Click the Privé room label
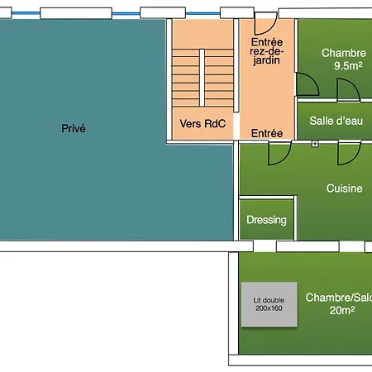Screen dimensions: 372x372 tap(74, 128)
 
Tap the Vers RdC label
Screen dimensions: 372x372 tap(203, 124)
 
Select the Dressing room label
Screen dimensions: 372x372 tap(266, 220)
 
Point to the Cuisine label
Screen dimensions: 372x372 tap(344, 188)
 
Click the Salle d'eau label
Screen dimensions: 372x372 tap(336, 121)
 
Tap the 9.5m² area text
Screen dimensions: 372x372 tap(348, 65)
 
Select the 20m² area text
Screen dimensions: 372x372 tap(342, 310)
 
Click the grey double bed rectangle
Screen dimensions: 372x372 tap(269, 304)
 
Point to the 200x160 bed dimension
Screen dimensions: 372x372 tap(269, 308)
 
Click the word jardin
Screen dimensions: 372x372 tap(266, 60)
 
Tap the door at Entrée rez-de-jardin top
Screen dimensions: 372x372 tap(265, 23)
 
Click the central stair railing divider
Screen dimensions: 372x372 tap(202, 78)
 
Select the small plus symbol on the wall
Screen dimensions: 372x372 tap(315, 144)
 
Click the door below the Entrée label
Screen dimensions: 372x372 tap(279, 153)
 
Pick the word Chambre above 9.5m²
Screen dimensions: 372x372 tap(344, 53)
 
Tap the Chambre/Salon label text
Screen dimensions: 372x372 tap(339, 298)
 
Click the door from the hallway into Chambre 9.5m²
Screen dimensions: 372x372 tap(308, 84)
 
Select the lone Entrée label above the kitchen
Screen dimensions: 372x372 tap(267, 133)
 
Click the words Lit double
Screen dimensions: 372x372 tap(269, 300)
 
